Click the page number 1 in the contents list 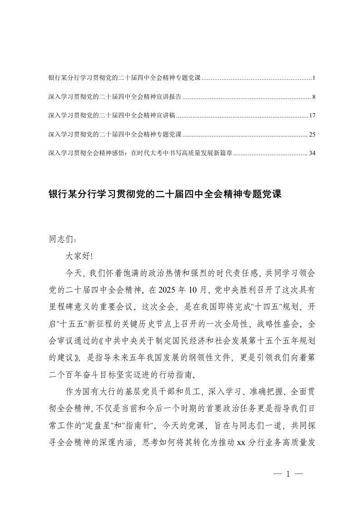[x=313, y=78]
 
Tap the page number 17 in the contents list [x=312, y=116]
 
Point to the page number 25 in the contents [x=312, y=134]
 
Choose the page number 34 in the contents [x=312, y=153]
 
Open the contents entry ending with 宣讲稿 [x=112, y=116]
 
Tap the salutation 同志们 [x=59, y=239]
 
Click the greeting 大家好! [x=79, y=256]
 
